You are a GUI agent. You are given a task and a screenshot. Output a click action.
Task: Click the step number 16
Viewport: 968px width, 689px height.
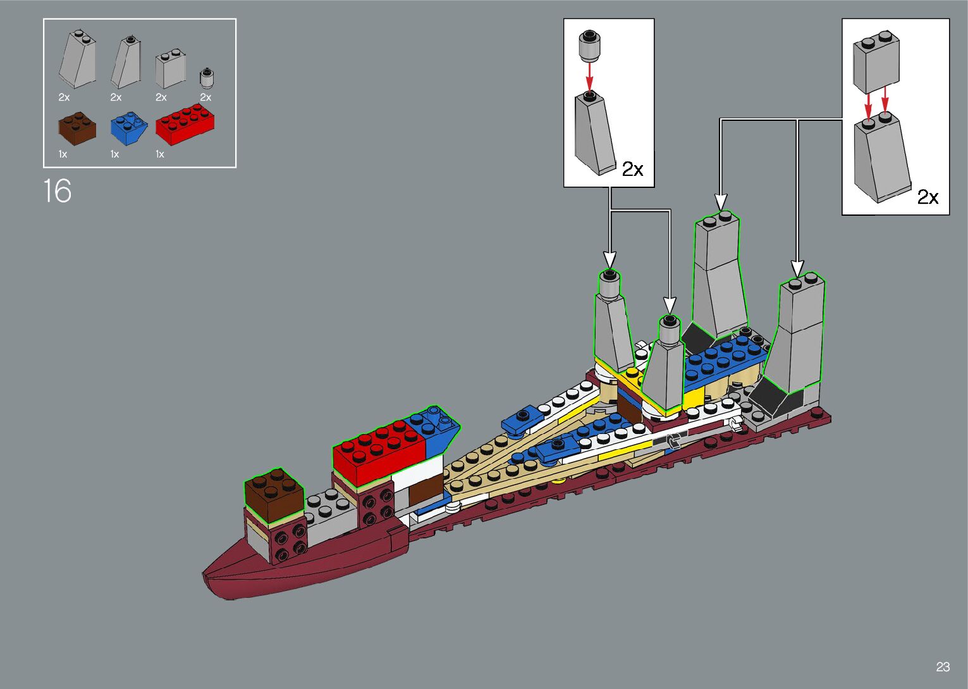click(58, 190)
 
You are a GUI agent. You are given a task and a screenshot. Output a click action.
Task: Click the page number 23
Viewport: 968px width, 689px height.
click(943, 666)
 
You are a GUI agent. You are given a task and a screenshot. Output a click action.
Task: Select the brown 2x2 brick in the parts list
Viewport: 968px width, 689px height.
click(77, 128)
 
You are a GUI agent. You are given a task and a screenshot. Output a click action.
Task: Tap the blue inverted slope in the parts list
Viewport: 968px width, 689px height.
click(129, 128)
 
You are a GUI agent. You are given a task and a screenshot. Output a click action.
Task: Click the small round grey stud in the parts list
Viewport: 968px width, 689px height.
click(207, 78)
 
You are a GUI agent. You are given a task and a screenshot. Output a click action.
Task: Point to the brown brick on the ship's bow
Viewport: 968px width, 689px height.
click(274, 495)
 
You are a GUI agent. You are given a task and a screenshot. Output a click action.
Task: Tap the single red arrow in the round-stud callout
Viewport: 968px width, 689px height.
click(590, 77)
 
